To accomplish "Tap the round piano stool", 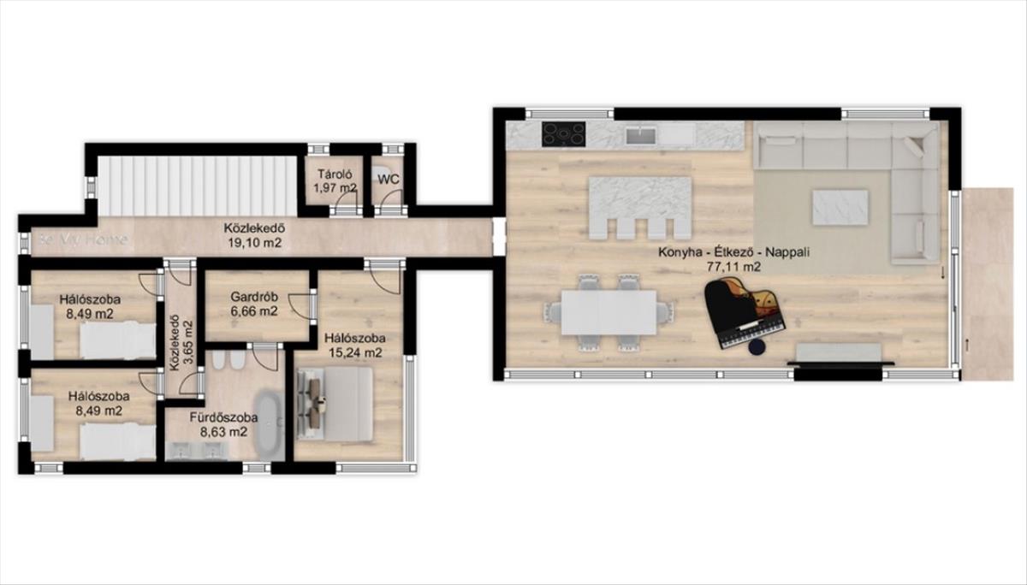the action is tap(758, 347).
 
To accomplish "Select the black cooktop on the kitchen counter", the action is tap(563, 134).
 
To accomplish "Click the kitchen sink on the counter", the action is tap(641, 136).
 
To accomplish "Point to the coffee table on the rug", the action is tap(840, 208).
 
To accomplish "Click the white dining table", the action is tap(609, 312).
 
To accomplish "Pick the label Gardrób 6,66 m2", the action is tap(254, 304).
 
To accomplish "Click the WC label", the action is tap(389, 180).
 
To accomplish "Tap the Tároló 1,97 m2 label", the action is tap(335, 181).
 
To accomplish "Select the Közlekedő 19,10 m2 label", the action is tap(254, 235).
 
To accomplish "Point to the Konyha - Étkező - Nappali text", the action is tap(734, 252).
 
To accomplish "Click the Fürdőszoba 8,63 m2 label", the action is tap(223, 425).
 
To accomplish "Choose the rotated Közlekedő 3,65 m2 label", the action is tap(181, 342).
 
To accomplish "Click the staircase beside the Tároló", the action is tap(198, 186).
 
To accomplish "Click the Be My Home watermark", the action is tap(83, 239).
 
